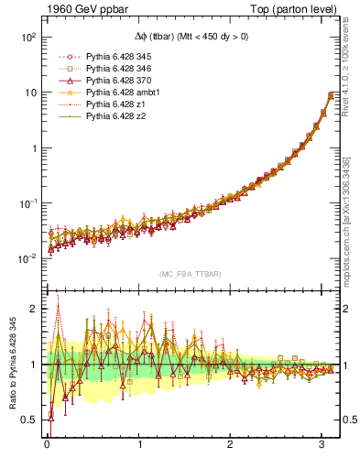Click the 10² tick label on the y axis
tap(27, 38)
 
